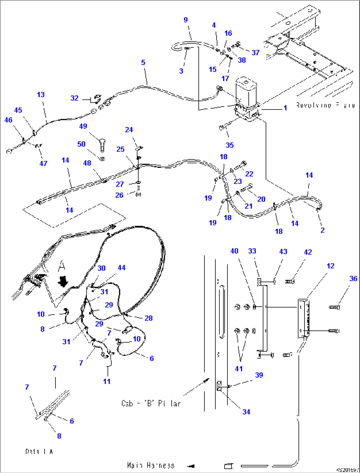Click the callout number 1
(285, 108)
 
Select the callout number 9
(186, 20)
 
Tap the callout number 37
(255, 52)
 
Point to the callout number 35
(230, 145)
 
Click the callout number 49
(83, 126)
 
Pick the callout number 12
(331, 266)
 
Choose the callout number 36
(353, 279)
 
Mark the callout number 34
(246, 412)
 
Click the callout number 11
(107, 381)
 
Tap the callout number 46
(8, 120)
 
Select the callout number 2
(322, 230)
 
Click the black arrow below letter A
(62, 282)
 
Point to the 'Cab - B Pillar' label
(151, 403)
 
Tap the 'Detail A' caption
(39, 452)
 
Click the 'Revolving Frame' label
(325, 105)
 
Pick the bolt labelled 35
(225, 126)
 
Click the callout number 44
(122, 268)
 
